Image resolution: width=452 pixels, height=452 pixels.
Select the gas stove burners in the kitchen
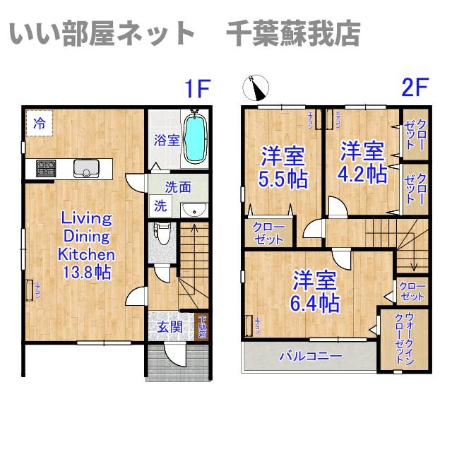click(46, 167)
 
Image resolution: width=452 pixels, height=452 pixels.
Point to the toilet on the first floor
click(163, 232)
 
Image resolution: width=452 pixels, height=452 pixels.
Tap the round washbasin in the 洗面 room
click(192, 209)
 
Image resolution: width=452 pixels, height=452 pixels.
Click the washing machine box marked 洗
click(161, 207)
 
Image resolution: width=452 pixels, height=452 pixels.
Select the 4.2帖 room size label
click(362, 173)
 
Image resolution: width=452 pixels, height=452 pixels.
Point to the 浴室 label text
click(167, 140)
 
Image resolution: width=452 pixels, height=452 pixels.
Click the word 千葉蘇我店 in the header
click(293, 32)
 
